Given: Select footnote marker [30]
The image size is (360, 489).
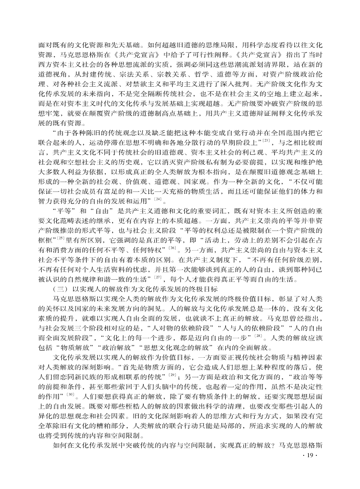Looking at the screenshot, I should (x=69, y=394).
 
